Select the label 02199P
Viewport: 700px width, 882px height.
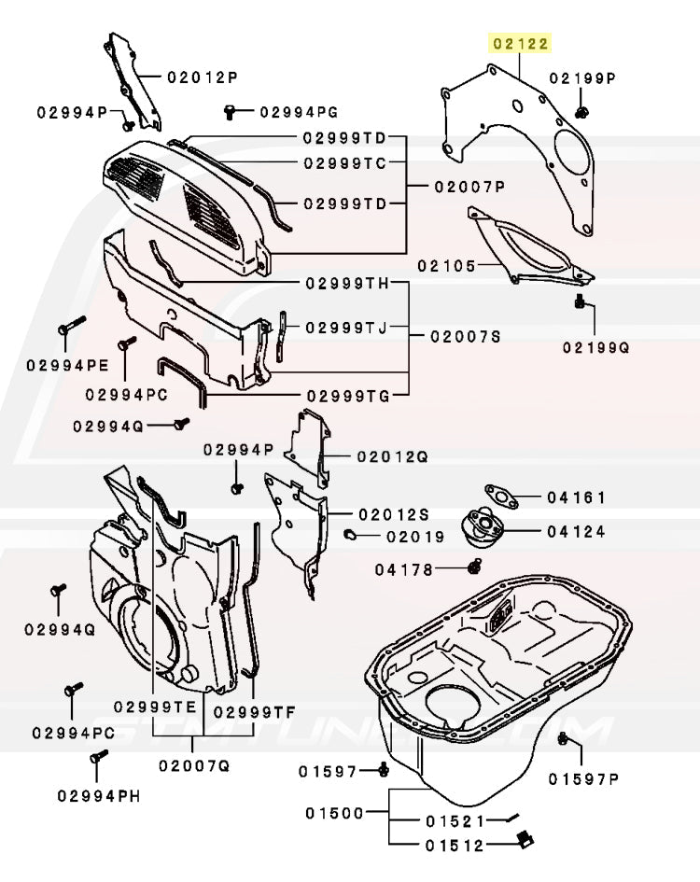(x=582, y=78)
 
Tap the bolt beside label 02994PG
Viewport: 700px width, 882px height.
(x=230, y=112)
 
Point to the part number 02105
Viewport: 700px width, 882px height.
(x=447, y=266)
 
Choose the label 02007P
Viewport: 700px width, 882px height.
(x=469, y=187)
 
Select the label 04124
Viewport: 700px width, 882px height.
(x=576, y=532)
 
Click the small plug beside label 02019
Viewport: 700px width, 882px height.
(x=351, y=535)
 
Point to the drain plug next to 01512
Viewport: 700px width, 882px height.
(x=523, y=840)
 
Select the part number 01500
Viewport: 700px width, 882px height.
(x=333, y=813)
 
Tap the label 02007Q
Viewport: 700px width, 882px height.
(x=193, y=765)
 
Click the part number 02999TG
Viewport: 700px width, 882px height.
(x=345, y=397)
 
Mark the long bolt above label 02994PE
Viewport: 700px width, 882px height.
(x=70, y=327)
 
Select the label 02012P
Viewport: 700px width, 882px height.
(x=203, y=77)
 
